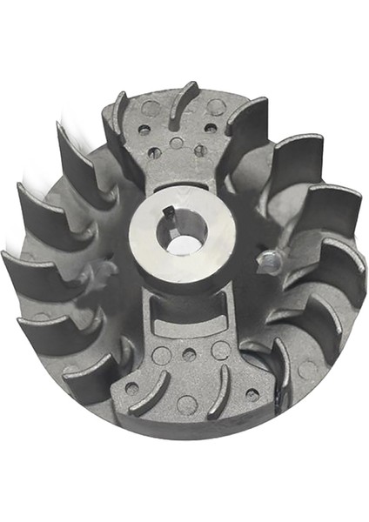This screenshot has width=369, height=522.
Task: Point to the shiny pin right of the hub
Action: coord(272,258)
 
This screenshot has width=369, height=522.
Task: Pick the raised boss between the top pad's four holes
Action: coord(177,143)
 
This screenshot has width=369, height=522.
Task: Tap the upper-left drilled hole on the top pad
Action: coord(144,129)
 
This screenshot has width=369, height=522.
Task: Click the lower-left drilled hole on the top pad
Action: coord(154,152)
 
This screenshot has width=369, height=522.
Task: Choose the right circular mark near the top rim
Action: coord(215,107)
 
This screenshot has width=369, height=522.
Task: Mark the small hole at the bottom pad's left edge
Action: coord(131,388)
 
